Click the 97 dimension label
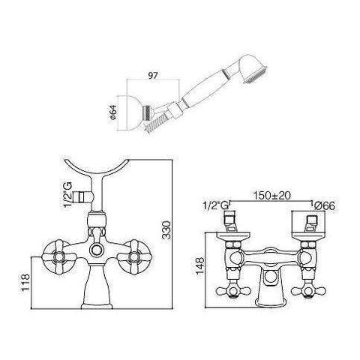pyautogui.click(x=152, y=75)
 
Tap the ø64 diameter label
pyautogui.click(x=113, y=112)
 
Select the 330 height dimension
pyautogui.click(x=166, y=230)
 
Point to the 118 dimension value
pyautogui.click(x=25, y=282)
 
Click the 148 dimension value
pyautogui.click(x=200, y=265)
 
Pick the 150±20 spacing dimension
pyautogui.click(x=272, y=195)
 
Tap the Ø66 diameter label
pyautogui.click(x=324, y=206)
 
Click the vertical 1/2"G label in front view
pyautogui.click(x=67, y=195)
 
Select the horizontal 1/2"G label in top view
pyautogui.click(x=216, y=205)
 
